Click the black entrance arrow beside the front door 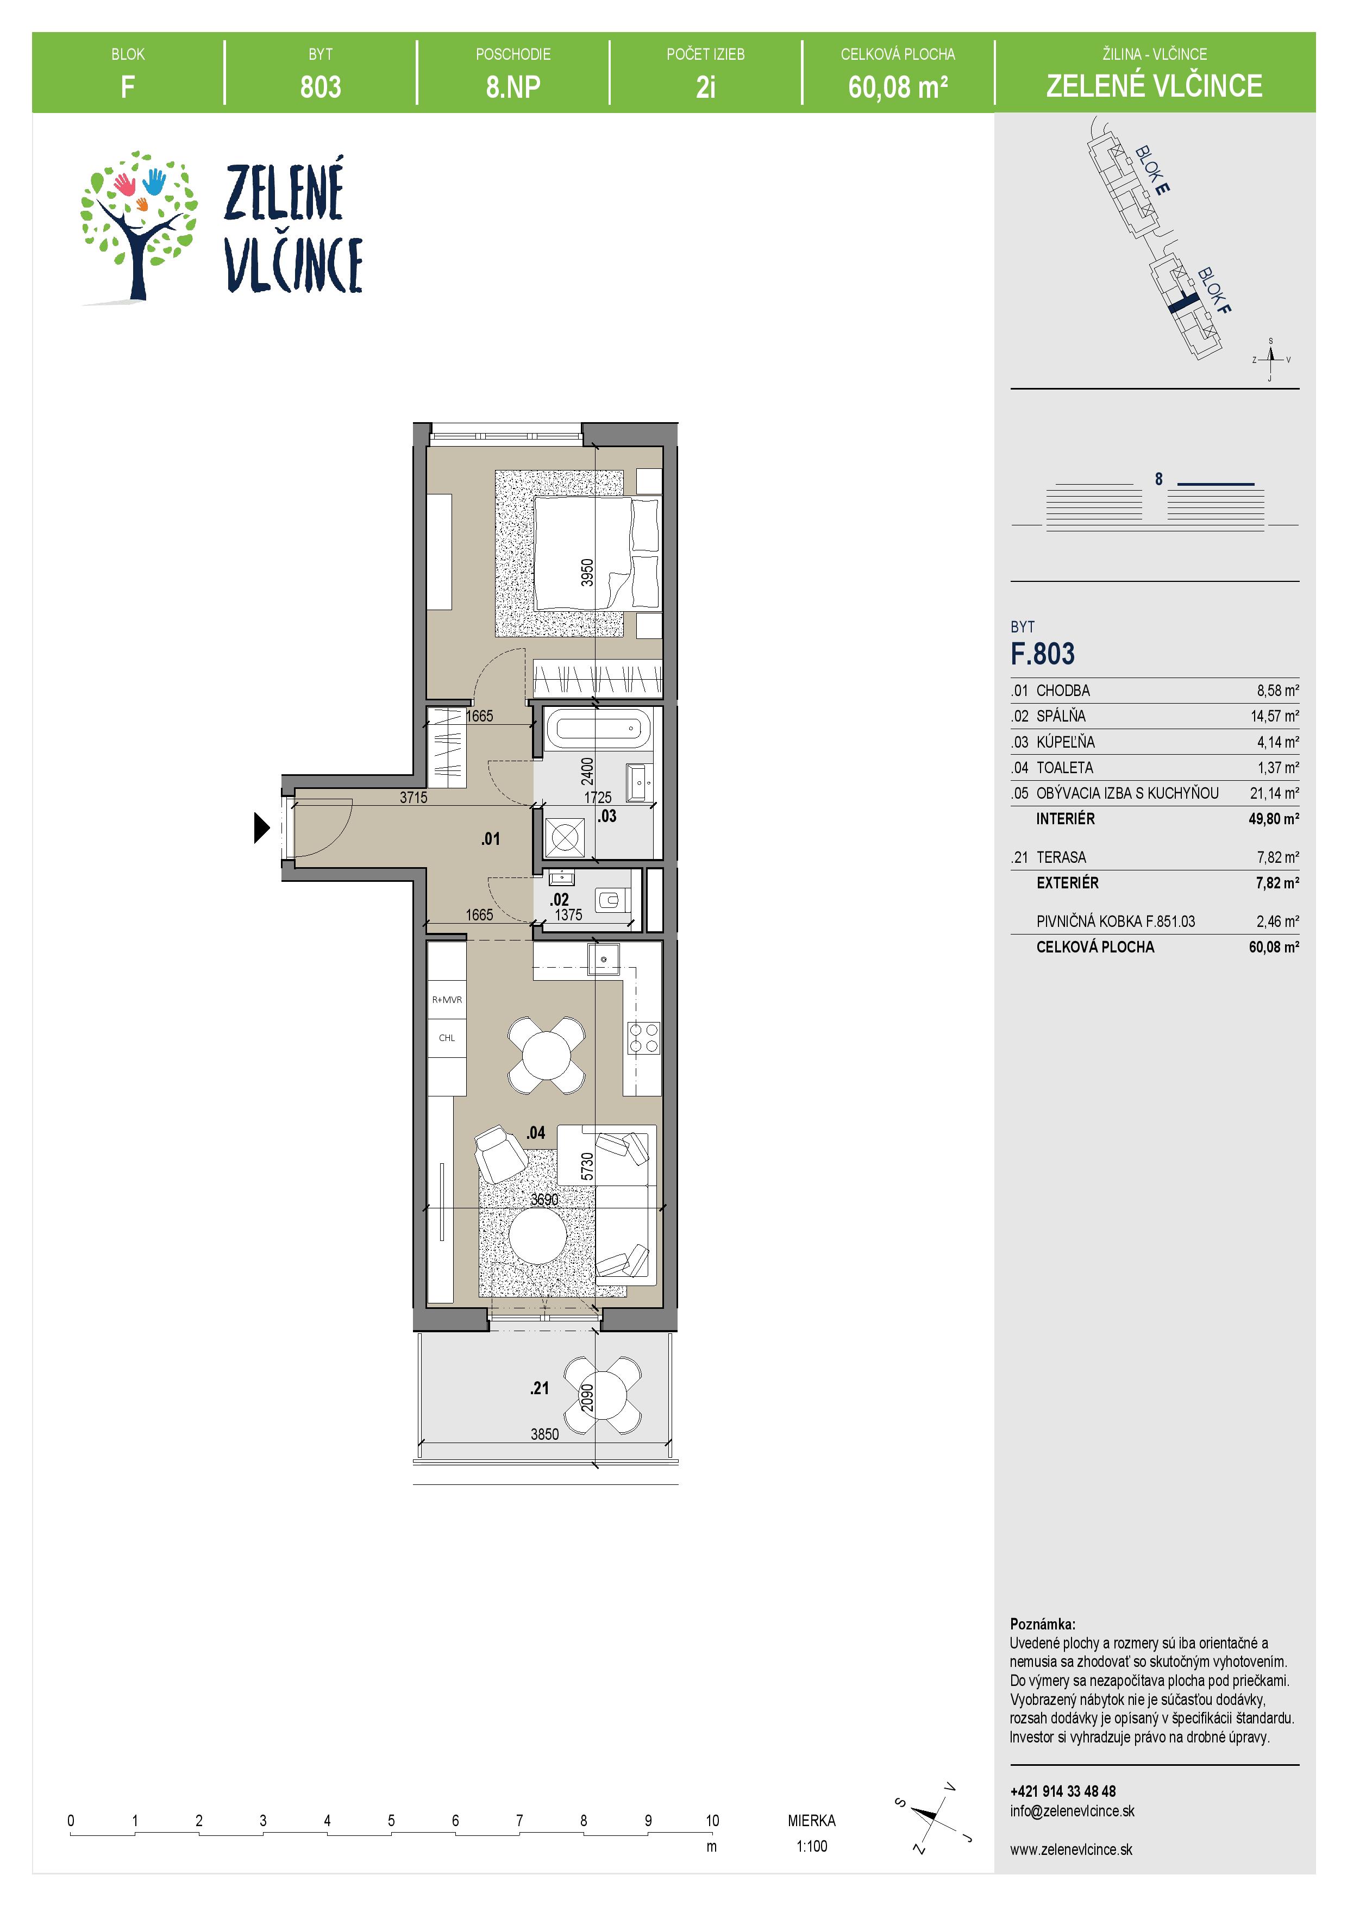point(261,827)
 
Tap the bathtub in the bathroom point(598,730)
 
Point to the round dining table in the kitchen point(546,1054)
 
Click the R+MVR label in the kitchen point(447,1000)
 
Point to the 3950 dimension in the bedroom point(587,573)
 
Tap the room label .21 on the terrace point(540,1387)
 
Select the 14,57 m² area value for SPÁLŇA point(1274,716)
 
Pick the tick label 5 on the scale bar point(391,1821)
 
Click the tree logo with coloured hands point(138,226)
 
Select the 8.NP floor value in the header point(513,86)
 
